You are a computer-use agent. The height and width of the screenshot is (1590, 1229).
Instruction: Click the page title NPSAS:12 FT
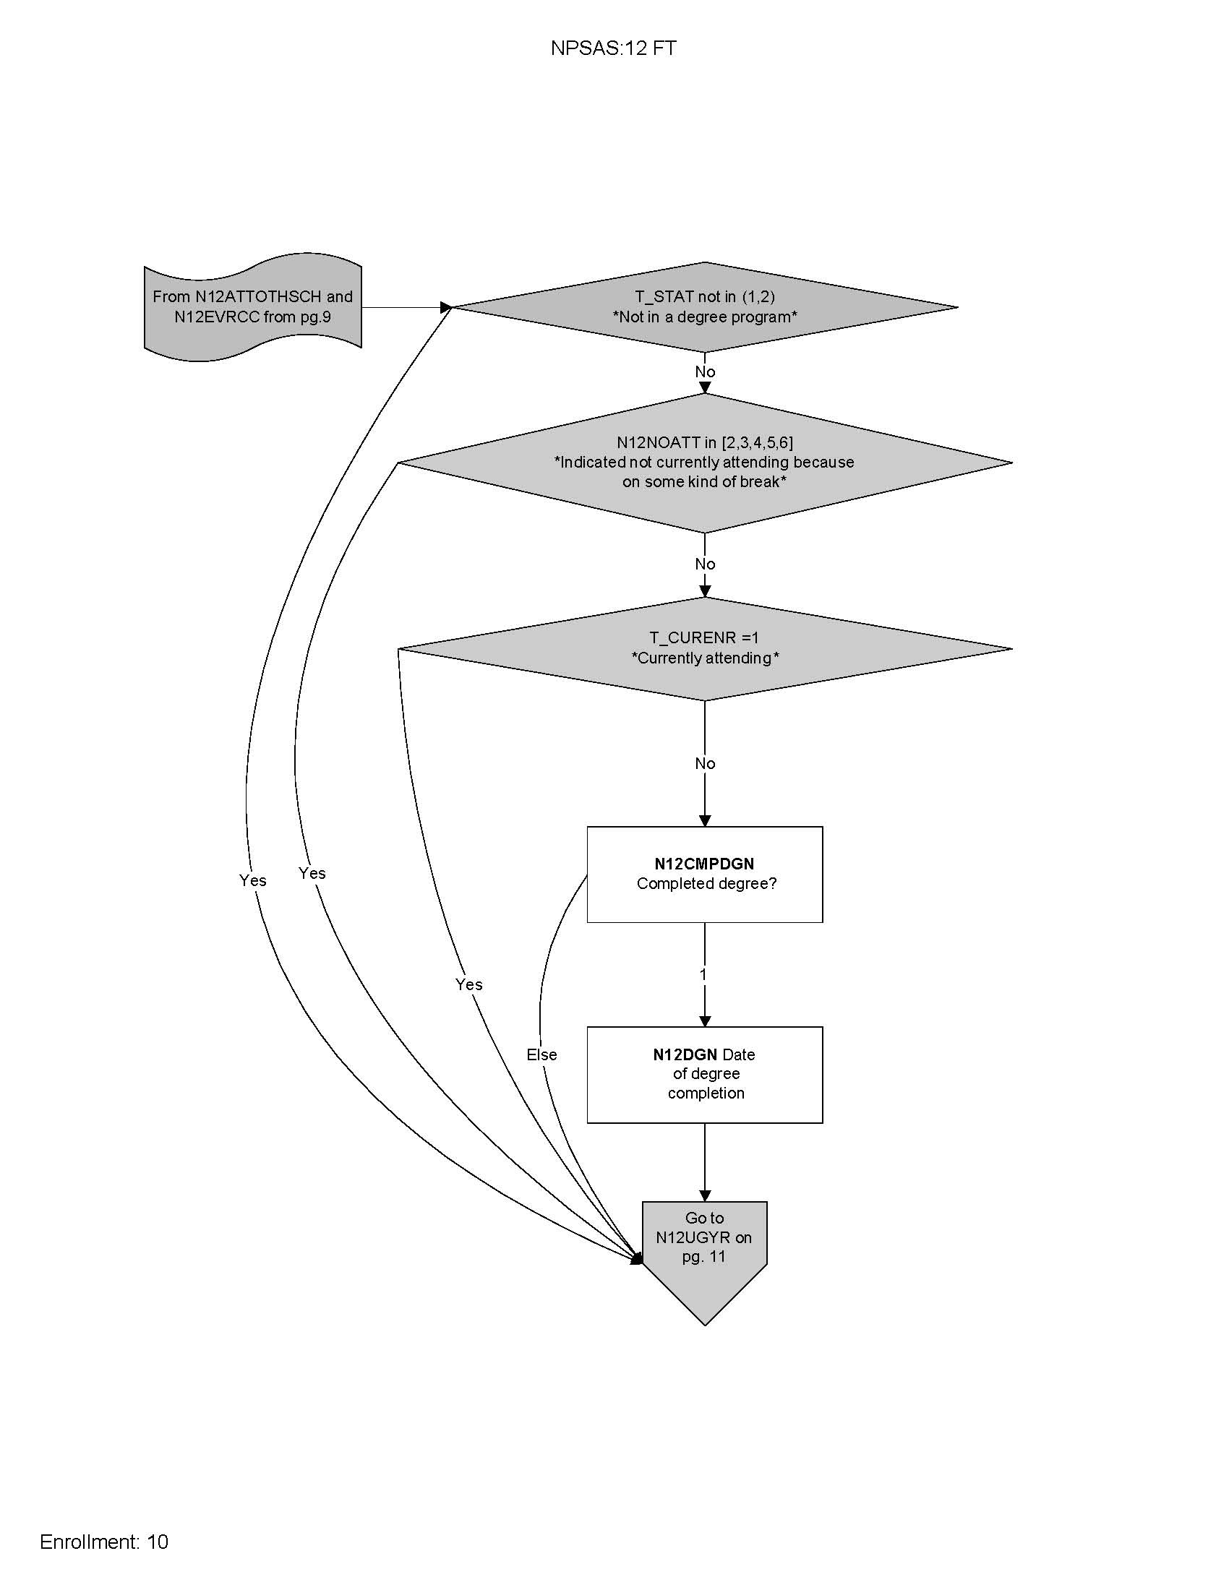(613, 48)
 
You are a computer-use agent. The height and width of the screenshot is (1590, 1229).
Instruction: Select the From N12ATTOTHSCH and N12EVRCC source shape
(252, 306)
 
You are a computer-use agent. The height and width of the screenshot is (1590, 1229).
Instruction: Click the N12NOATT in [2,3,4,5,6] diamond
(705, 463)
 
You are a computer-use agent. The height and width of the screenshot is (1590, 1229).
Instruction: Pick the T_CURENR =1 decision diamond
(705, 648)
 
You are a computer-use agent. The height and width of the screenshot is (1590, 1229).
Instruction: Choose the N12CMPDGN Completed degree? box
(705, 874)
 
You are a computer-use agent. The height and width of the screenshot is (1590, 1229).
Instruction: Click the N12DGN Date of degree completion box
(705, 1075)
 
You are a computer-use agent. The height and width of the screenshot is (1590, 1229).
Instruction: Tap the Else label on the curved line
(541, 1054)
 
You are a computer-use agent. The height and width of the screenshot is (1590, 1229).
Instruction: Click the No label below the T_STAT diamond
(705, 372)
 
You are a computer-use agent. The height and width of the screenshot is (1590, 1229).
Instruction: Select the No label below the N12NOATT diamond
(705, 564)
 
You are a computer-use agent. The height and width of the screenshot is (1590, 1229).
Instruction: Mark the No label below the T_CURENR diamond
(705, 764)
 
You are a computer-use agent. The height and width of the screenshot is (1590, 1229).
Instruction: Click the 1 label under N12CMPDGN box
(703, 974)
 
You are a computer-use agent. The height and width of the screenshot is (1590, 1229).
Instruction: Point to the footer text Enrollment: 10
(104, 1542)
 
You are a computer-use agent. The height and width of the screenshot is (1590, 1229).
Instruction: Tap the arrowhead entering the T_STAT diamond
(446, 307)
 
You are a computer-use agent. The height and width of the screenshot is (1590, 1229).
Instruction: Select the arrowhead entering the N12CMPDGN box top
(705, 820)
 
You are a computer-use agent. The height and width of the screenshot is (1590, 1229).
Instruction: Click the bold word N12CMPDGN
(704, 864)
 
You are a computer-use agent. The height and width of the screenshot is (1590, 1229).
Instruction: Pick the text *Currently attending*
(705, 658)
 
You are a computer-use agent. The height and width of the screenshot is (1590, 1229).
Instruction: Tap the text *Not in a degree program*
(705, 317)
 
